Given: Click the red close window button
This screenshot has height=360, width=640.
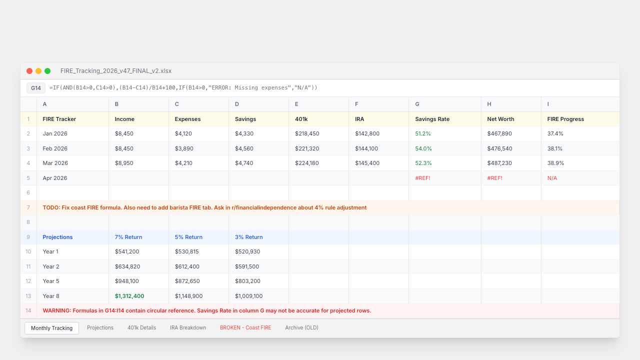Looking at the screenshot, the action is [x=29, y=71].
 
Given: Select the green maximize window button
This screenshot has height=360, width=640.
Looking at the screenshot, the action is [x=47, y=71].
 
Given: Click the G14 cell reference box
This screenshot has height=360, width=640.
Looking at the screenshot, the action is [x=36, y=88].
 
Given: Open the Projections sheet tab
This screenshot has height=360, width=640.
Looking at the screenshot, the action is [x=100, y=327].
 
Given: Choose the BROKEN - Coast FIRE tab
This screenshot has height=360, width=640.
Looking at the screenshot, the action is [x=245, y=327].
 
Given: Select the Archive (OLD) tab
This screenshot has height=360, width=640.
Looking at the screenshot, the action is [x=301, y=327].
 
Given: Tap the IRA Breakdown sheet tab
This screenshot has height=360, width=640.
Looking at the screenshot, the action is [x=188, y=327].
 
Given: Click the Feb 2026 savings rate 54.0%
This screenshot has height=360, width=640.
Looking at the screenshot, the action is [x=423, y=148].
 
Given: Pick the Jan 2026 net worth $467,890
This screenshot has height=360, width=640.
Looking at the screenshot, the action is [x=499, y=133].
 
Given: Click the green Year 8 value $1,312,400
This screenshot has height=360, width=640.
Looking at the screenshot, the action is [x=129, y=296].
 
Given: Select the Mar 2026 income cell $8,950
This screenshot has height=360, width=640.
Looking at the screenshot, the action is [x=124, y=163].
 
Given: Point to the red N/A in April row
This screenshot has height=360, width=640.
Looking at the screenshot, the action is [x=552, y=178].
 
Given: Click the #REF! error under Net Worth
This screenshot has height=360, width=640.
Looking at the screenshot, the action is [x=494, y=178].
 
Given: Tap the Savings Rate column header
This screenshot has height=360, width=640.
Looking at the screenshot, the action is [x=432, y=119].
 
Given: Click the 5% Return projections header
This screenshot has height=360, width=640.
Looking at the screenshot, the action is [x=188, y=237].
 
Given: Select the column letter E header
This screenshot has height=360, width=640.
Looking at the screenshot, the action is [x=296, y=104].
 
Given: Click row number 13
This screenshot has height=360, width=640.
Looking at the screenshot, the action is [x=28, y=296].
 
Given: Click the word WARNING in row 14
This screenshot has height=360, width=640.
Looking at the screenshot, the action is [x=56, y=311].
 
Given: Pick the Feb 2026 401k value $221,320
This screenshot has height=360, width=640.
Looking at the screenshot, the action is [x=307, y=148].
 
